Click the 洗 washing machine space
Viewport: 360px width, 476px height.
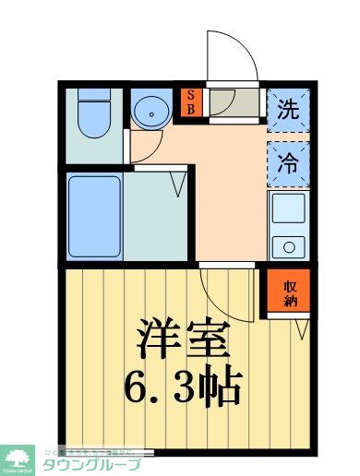point(287,107)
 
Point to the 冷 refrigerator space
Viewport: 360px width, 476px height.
point(287,162)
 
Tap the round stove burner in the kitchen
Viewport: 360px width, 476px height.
point(290,245)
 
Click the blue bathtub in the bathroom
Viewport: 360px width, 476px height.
point(94,214)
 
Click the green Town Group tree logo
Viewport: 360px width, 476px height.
point(18,457)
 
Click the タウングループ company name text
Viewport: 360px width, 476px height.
point(92,463)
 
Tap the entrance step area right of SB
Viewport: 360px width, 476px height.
point(234,103)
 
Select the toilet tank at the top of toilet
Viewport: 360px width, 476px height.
point(93,96)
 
